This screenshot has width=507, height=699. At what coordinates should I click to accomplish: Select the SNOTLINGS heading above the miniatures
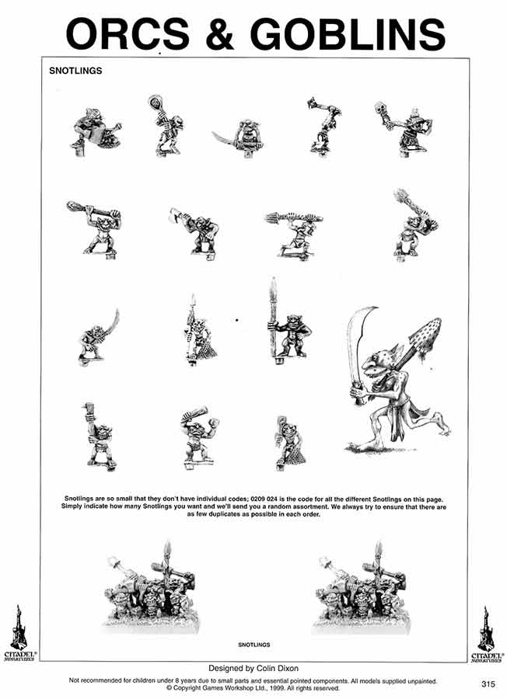click(75, 71)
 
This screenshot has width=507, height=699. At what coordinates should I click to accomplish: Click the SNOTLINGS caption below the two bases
click(253, 645)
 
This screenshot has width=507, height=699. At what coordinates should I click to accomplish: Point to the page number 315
click(488, 683)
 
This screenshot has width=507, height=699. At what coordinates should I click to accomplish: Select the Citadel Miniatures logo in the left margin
click(19, 634)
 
